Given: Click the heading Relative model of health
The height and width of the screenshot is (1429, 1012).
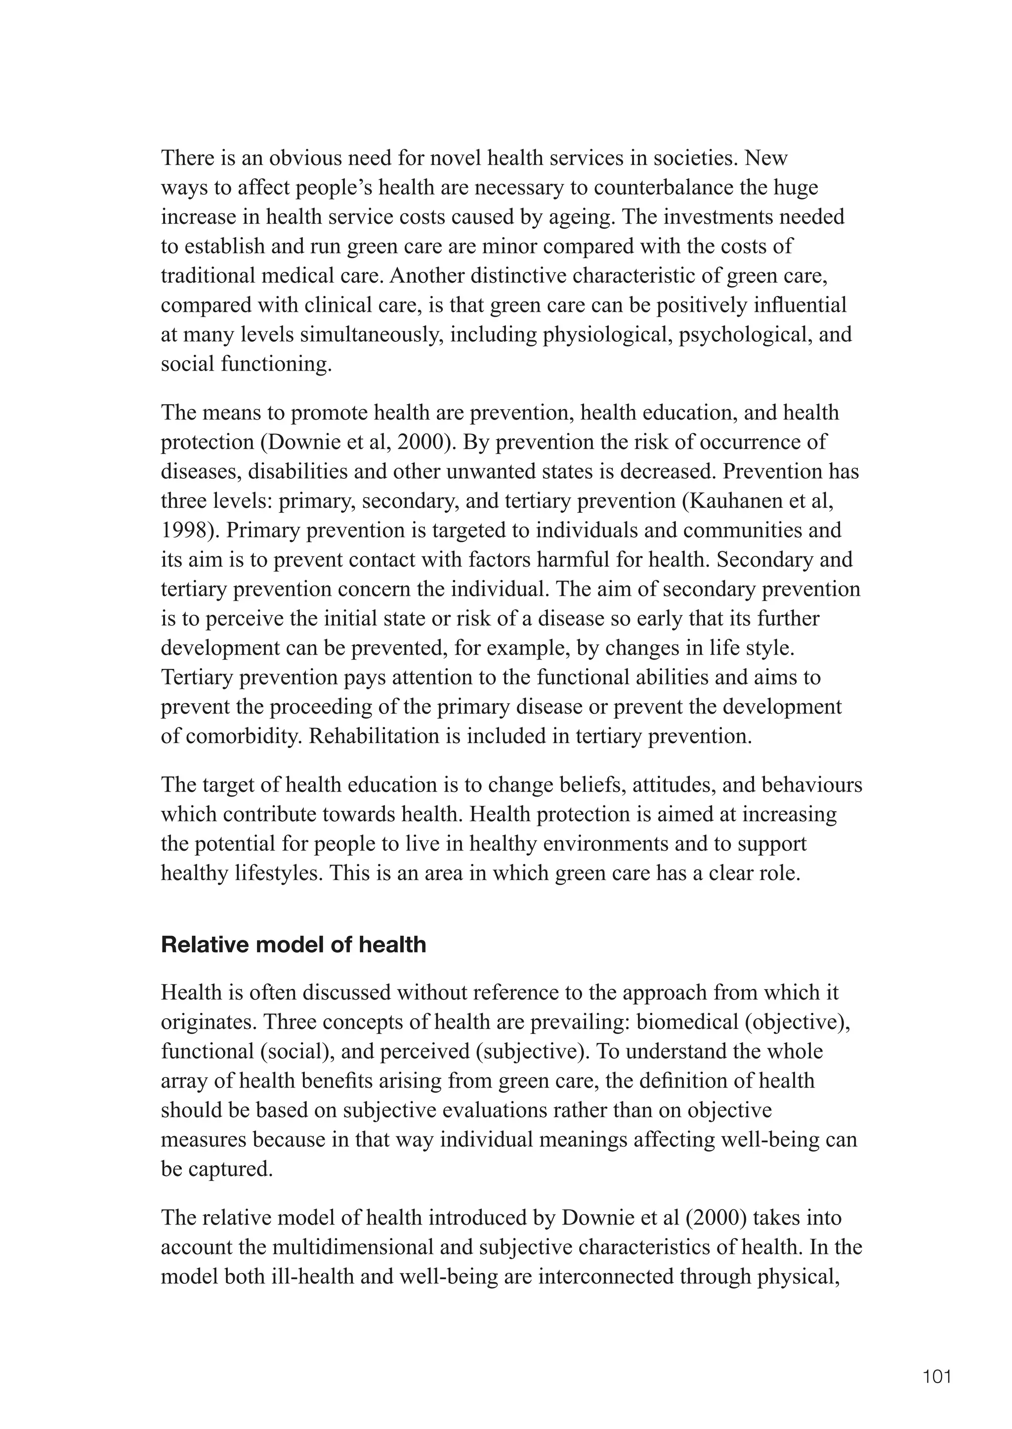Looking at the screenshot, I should pos(293,944).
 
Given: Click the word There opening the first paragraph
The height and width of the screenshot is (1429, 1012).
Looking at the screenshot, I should pos(188,158).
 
